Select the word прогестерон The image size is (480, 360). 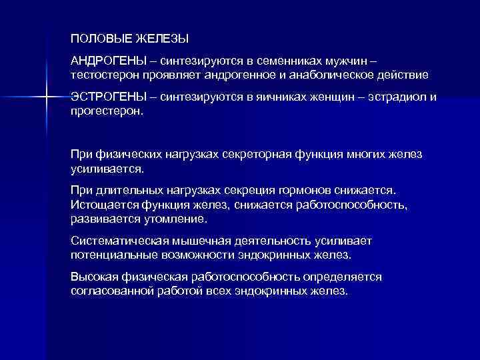pyautogui.click(x=106, y=111)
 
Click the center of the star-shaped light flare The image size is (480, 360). pyautogui.click(x=47, y=97)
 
